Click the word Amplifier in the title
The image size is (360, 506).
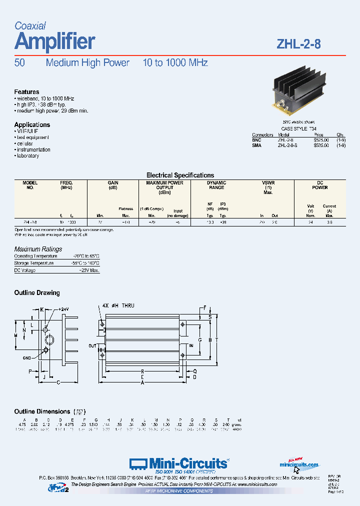(55, 41)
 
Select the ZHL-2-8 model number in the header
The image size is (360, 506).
(298, 43)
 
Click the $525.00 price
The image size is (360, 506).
(321, 140)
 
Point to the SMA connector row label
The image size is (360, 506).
(256, 146)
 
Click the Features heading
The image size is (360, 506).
(26, 92)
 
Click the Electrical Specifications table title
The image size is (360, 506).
(179, 175)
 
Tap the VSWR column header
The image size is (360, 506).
(268, 183)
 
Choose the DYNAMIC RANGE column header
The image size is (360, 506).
(216, 185)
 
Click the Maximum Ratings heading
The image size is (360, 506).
(38, 249)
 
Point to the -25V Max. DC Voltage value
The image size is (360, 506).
(89, 270)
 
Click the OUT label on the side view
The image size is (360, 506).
(92, 345)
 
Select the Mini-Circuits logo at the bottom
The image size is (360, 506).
(179, 463)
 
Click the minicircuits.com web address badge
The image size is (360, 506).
(299, 464)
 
